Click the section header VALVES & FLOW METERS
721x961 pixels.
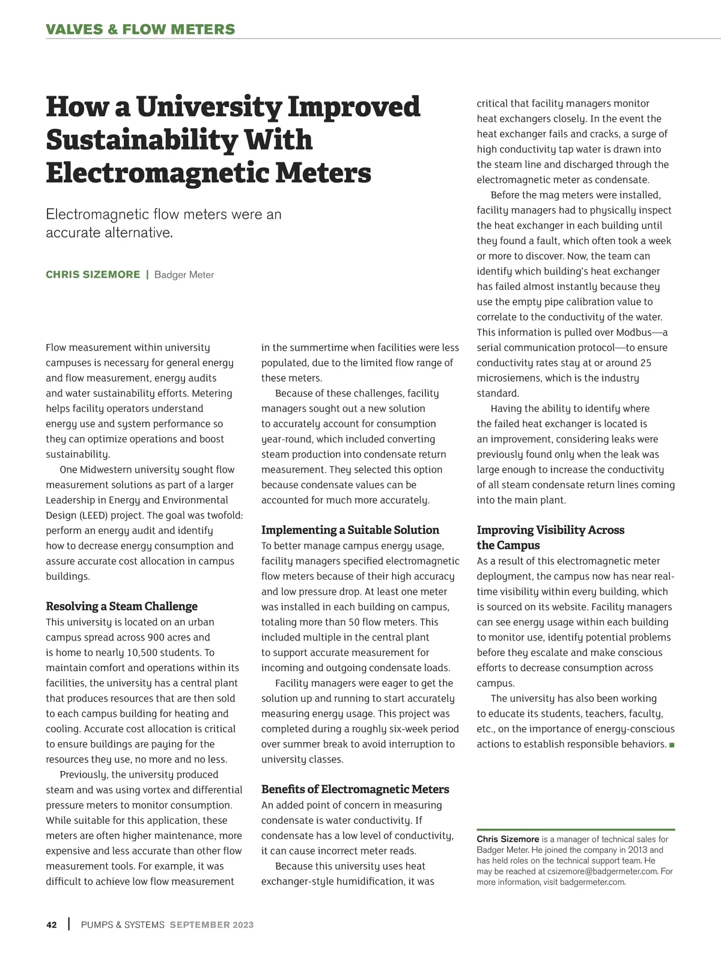[x=141, y=29]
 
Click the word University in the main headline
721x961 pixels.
[x=208, y=107]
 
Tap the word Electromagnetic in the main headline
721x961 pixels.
[x=155, y=173]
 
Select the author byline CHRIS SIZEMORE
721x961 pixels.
[x=93, y=275]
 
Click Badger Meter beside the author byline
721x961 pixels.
[x=184, y=275]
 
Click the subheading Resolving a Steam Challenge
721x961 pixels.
[x=121, y=606]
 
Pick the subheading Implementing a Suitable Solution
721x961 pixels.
[x=350, y=530]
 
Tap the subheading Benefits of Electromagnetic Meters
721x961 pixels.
[x=355, y=789]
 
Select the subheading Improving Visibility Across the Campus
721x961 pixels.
[x=550, y=538]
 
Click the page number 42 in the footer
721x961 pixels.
[x=52, y=925]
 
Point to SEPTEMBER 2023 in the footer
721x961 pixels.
[x=211, y=925]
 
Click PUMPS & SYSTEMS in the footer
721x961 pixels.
[x=123, y=925]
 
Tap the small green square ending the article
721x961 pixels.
[x=672, y=745]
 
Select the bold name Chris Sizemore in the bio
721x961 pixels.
[x=508, y=839]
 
